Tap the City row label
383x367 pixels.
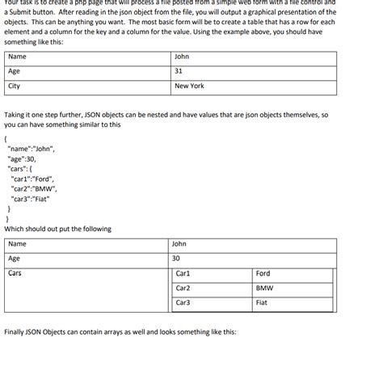coord(15,86)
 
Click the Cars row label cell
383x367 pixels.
coord(15,273)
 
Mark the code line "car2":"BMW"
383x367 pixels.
coord(34,188)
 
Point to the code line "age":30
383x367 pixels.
coord(23,159)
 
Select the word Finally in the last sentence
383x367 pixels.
coord(16,332)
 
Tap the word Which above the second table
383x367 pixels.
coord(15,229)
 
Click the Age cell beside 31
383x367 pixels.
coord(15,71)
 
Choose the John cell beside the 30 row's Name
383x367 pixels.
coord(179,244)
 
